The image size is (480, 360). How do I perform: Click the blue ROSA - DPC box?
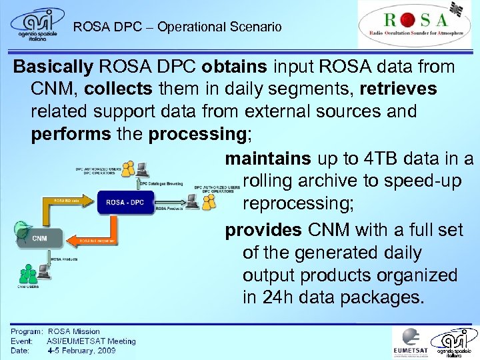click(125, 202)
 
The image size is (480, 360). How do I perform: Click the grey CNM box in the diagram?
click(39, 238)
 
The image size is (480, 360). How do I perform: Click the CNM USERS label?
click(27, 287)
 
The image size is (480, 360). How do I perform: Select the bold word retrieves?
click(398, 89)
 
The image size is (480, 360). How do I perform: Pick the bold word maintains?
click(267, 159)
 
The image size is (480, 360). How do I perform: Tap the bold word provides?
click(264, 230)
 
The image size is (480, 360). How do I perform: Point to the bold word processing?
click(197, 133)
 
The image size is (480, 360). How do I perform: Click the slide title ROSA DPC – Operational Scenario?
click(177, 27)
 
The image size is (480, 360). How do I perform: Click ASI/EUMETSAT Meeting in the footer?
click(91, 341)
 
